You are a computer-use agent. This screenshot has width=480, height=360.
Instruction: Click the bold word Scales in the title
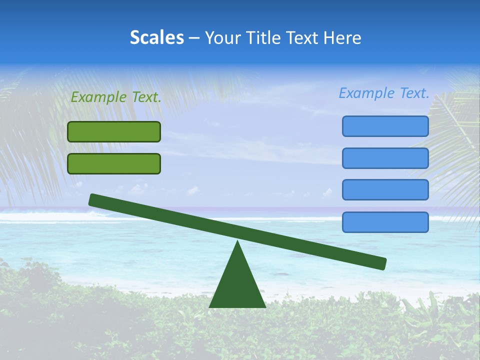pyautogui.click(x=156, y=37)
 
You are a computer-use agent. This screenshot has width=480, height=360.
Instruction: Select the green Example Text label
pyautogui.click(x=116, y=97)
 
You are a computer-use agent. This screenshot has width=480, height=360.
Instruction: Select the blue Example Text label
pyautogui.click(x=384, y=93)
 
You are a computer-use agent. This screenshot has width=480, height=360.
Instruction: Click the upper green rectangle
pyautogui.click(x=114, y=131)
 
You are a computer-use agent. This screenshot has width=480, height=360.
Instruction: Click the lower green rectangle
pyautogui.click(x=114, y=163)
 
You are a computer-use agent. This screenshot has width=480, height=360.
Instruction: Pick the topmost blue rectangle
pyautogui.click(x=385, y=126)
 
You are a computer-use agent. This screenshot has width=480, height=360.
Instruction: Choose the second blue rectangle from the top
pyautogui.click(x=385, y=158)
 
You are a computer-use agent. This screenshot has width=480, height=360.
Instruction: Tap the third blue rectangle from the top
pyautogui.click(x=385, y=190)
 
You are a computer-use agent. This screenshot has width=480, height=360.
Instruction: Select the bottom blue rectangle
pyautogui.click(x=385, y=222)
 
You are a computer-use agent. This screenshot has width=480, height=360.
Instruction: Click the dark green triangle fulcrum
pyautogui.click(x=237, y=285)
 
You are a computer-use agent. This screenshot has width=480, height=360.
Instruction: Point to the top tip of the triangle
pyautogui.click(x=237, y=242)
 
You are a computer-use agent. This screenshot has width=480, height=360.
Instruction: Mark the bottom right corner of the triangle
pyautogui.click(x=264, y=306)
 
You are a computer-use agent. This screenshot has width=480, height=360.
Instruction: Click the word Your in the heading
pyautogui.click(x=220, y=37)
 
